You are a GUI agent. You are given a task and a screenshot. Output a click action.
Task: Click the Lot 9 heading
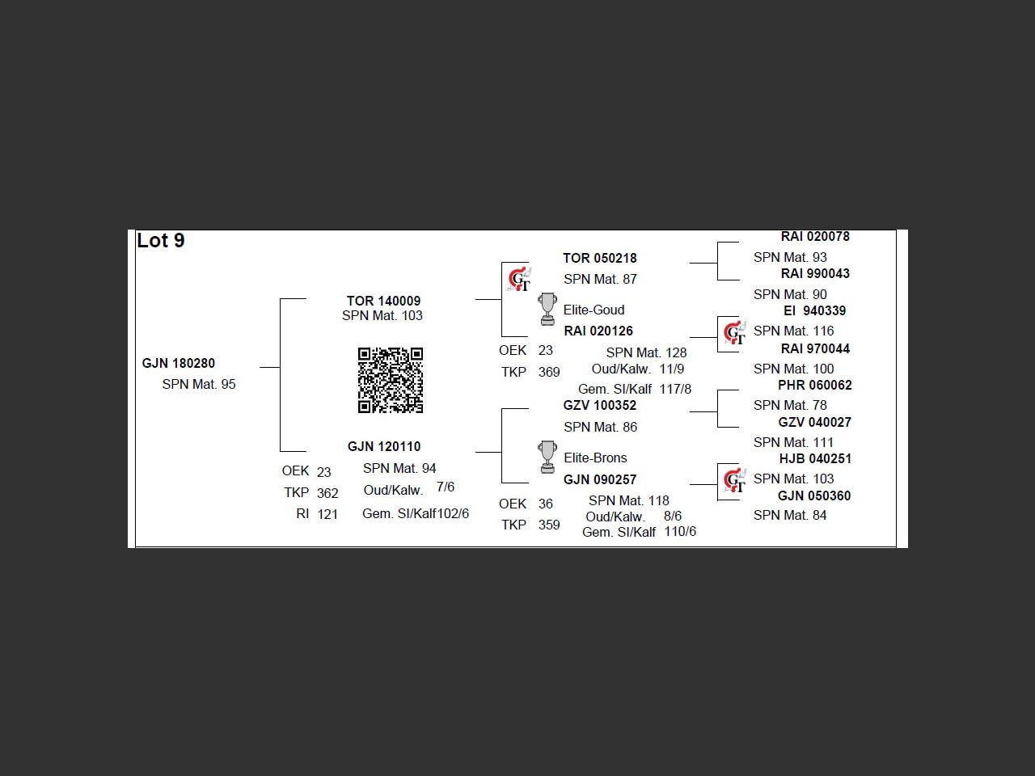click(x=161, y=241)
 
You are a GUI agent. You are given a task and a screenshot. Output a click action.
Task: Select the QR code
click(x=391, y=380)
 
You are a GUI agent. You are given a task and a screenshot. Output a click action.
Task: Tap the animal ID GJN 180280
click(x=179, y=363)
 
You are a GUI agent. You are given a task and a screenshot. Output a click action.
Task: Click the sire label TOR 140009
click(x=383, y=301)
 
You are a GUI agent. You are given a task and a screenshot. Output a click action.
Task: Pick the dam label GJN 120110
click(x=384, y=446)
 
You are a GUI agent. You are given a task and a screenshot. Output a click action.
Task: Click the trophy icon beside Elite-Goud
click(x=547, y=309)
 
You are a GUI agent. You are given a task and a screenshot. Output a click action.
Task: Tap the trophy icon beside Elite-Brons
click(x=547, y=457)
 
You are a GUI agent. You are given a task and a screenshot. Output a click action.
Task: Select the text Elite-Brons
click(x=595, y=458)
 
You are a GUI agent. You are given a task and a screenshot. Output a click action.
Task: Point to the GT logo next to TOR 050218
click(x=518, y=280)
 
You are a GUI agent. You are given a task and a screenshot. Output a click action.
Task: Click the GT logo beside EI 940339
click(x=734, y=332)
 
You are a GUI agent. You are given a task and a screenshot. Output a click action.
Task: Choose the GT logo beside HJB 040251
click(x=734, y=480)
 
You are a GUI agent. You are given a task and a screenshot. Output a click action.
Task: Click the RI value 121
click(x=327, y=514)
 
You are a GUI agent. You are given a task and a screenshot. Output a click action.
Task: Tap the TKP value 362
click(x=327, y=493)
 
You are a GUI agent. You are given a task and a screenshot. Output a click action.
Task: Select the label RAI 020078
click(x=815, y=237)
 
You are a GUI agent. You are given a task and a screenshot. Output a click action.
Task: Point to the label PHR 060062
click(x=814, y=385)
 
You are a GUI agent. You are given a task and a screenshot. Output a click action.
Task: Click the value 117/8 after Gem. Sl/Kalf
click(x=675, y=389)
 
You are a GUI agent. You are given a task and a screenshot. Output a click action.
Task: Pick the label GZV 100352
click(x=600, y=405)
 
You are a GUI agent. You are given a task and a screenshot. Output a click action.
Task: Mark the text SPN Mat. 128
click(x=646, y=352)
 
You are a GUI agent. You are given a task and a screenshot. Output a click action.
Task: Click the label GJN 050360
click(x=814, y=496)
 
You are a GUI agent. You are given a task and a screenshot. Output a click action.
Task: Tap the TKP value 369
click(x=549, y=372)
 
